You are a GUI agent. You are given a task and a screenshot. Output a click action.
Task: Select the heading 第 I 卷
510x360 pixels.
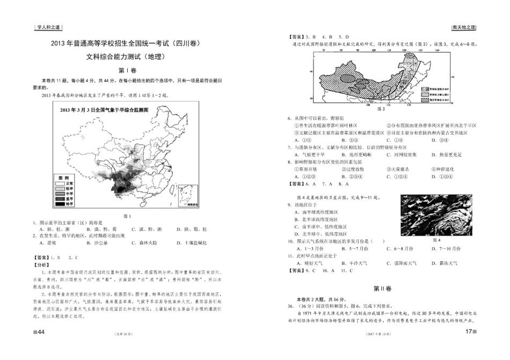[128, 70]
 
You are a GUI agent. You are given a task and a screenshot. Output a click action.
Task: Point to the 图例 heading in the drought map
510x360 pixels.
[63, 178]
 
